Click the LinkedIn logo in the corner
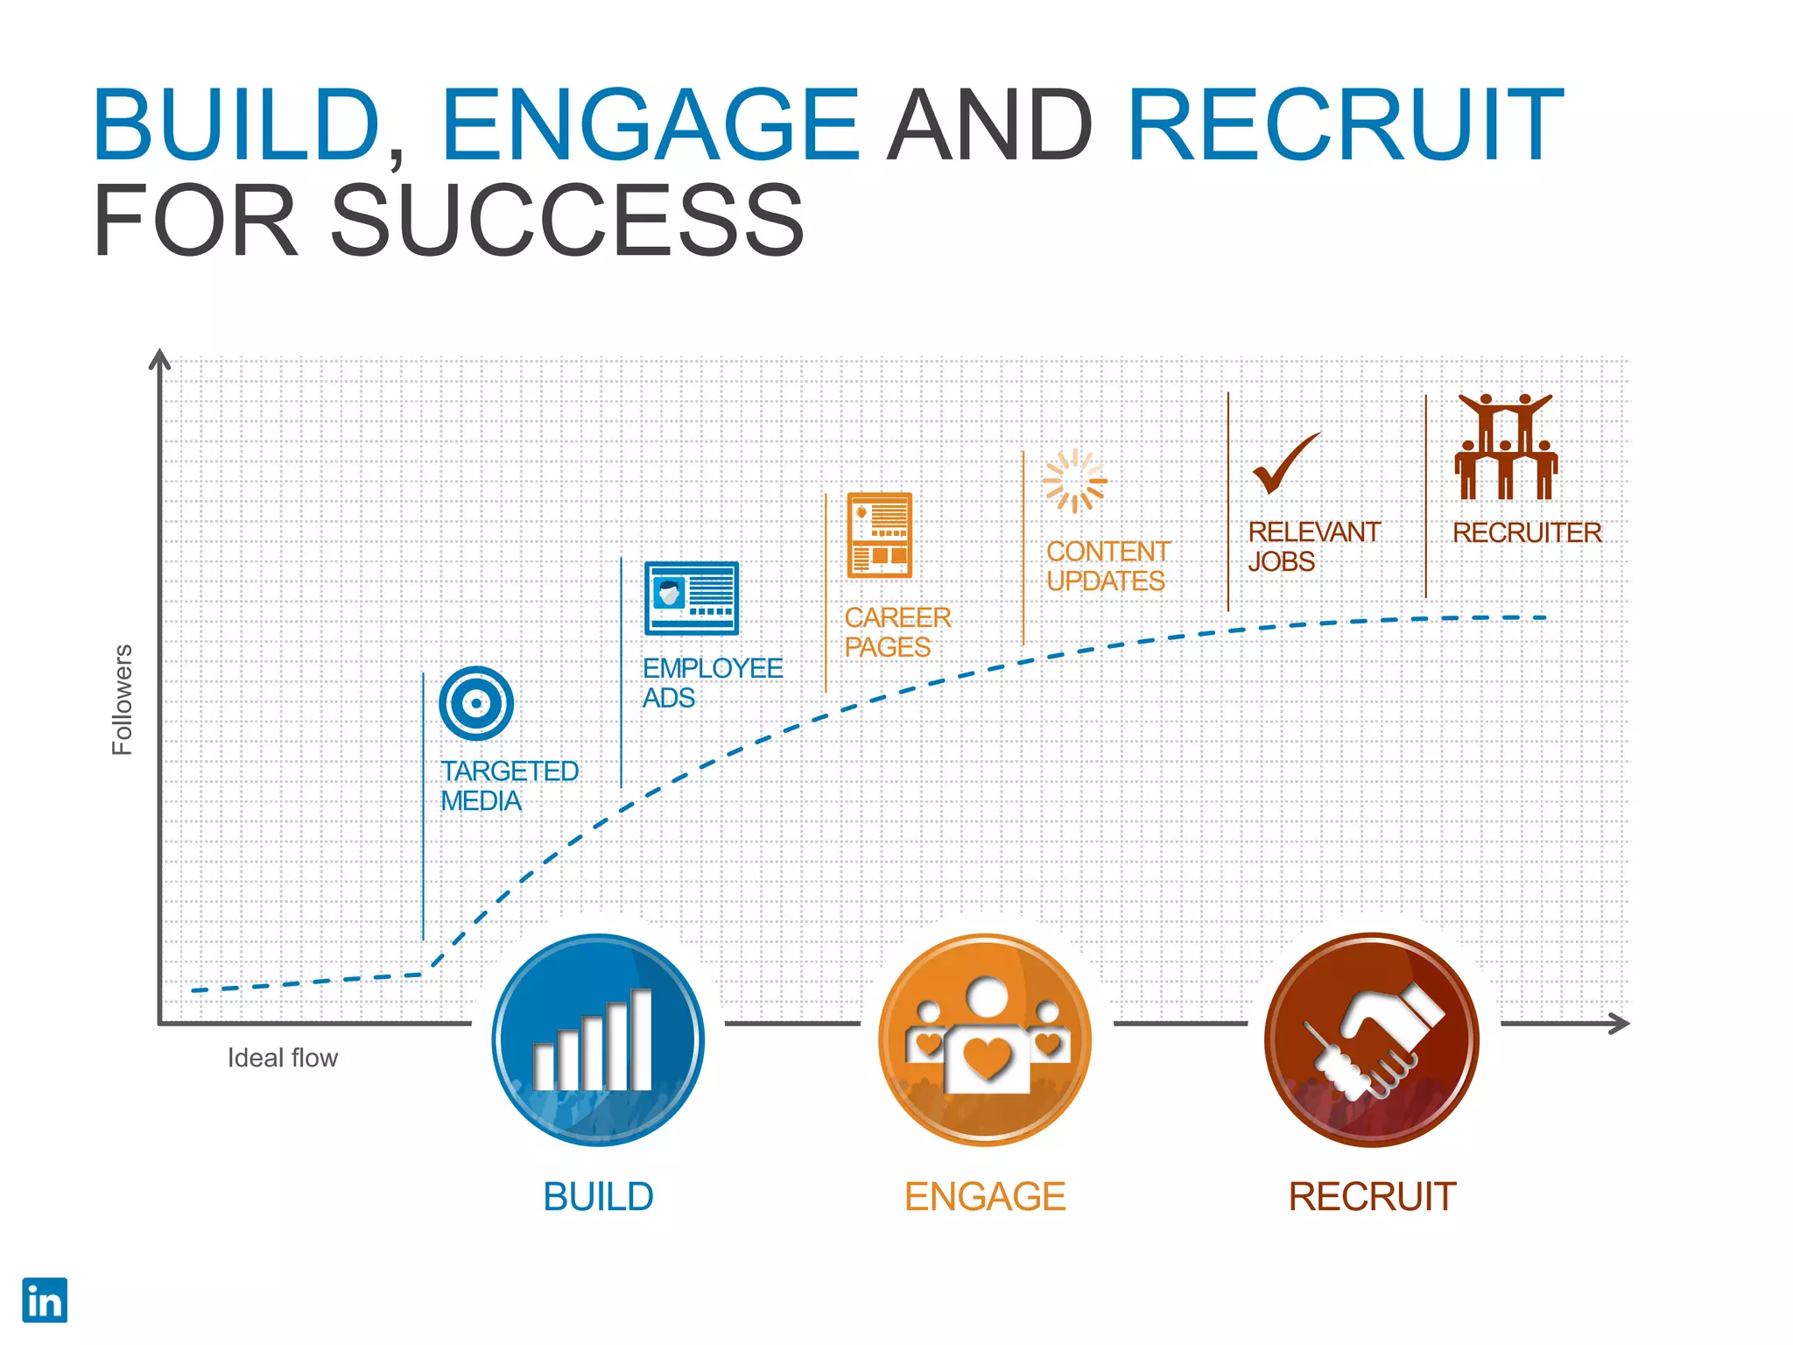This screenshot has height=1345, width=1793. (45, 1300)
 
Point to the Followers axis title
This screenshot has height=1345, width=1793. (122, 700)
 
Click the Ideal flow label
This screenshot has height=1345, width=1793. (282, 1058)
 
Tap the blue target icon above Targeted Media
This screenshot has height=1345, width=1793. (476, 703)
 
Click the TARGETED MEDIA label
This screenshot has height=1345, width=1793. (509, 785)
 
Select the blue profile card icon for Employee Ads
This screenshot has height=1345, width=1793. (692, 598)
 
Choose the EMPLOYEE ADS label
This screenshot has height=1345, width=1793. (712, 682)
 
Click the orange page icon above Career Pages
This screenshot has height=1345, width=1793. (880, 535)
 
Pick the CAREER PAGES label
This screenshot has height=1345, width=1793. (897, 632)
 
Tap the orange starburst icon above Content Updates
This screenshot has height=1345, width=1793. (1074, 481)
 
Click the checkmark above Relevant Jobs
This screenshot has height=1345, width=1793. (1285, 463)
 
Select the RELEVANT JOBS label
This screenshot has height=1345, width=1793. (1313, 546)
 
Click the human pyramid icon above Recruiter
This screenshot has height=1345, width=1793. (1506, 447)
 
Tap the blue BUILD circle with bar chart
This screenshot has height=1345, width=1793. (599, 1040)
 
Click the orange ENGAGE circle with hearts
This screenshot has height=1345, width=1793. (986, 1040)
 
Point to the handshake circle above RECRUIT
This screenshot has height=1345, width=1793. (1372, 1040)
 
